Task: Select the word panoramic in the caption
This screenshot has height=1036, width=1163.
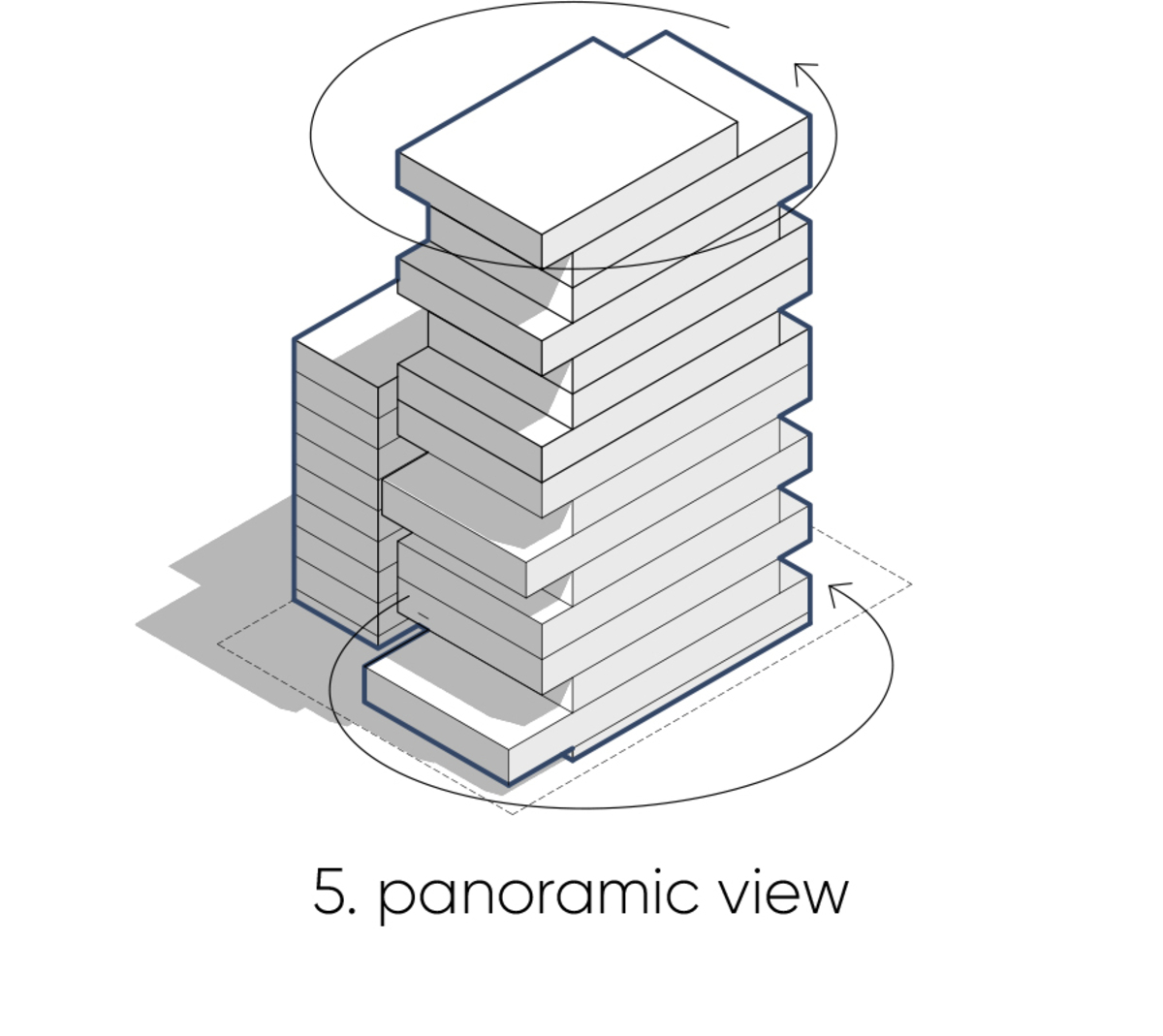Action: [x=539, y=895]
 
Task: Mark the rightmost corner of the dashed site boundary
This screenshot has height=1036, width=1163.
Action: [x=911, y=584]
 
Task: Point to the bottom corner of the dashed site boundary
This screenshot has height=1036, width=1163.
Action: [x=512, y=814]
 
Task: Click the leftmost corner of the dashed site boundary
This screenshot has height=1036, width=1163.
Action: [x=217, y=644]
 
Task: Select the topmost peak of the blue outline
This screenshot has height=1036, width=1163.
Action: [x=666, y=33]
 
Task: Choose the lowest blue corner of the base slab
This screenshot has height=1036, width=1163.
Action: [x=509, y=784]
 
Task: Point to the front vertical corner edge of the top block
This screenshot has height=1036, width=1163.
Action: [x=542, y=251]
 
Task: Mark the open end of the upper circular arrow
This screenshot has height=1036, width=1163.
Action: [x=729, y=27]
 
